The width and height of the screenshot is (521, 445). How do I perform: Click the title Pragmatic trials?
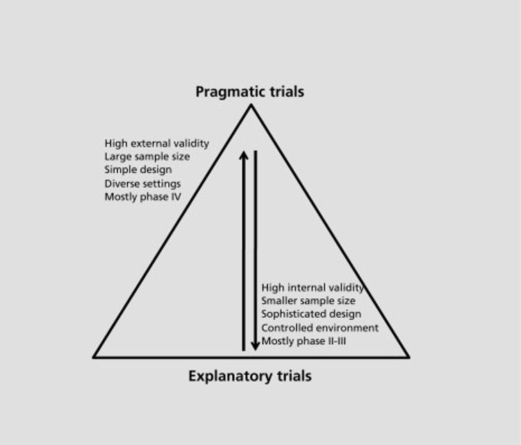[250, 92]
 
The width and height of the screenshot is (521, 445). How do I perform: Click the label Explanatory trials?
[250, 377]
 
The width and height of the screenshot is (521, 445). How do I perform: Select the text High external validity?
[156, 143]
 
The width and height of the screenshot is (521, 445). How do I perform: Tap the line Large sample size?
[147, 156]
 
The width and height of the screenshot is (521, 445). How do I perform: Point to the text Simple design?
[138, 170]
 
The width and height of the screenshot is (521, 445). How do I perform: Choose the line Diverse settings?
[143, 184]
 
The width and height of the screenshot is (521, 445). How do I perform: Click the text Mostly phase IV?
[143, 197]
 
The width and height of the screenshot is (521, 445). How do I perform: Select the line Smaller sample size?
[308, 300]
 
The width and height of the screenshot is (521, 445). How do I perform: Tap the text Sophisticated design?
[311, 314]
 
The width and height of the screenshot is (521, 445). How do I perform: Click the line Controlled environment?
[320, 327]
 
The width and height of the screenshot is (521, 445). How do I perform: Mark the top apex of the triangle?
[251, 105]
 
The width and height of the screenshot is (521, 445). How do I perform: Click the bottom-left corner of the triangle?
[94, 357]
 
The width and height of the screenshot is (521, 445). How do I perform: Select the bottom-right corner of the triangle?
[408, 357]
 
